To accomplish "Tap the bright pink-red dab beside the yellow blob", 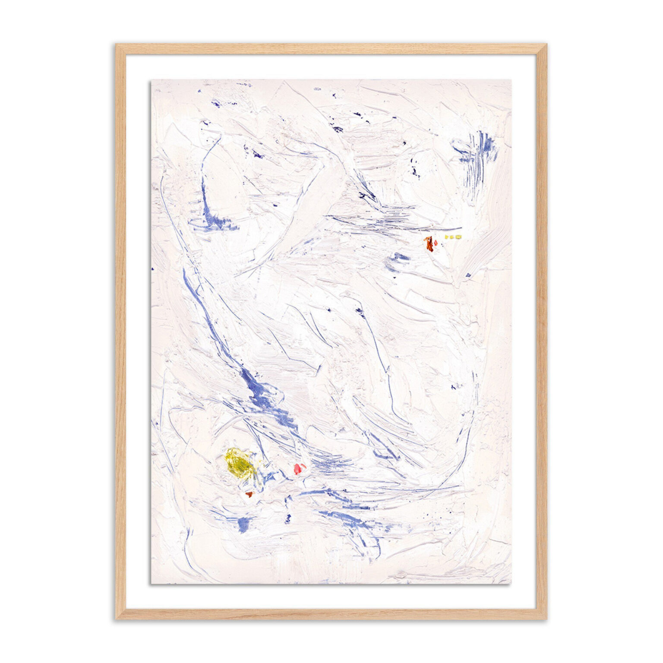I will (x=299, y=468).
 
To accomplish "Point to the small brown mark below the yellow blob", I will (x=249, y=494).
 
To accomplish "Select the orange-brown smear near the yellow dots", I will (x=429, y=243).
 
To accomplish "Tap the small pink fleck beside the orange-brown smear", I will (x=436, y=243).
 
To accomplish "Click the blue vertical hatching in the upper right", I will (x=480, y=151).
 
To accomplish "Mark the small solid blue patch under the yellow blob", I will (x=243, y=524).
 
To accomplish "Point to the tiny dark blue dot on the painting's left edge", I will (x=152, y=269).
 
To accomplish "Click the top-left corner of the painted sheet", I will (x=151, y=80).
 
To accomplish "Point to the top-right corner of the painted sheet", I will (x=511, y=80).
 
